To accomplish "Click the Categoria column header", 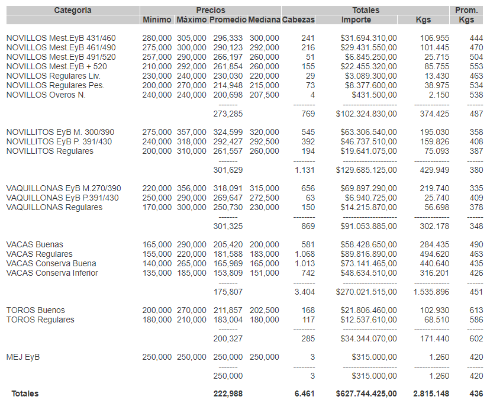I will (73, 10).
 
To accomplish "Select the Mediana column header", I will (264, 20).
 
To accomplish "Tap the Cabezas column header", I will (298, 20).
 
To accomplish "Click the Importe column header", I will (356, 20).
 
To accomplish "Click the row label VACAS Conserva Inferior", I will (52, 273).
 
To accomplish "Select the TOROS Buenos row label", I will (36, 310).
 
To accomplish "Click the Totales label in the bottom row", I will (25, 393).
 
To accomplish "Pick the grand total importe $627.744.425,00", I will (366, 393).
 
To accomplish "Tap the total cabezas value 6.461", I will (304, 393).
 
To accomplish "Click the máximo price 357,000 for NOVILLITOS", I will (192, 133).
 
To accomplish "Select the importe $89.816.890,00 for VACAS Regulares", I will (369, 254).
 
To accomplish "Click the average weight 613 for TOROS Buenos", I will (476, 310).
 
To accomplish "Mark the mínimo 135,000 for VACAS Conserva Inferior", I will (157, 273).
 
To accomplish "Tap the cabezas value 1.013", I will (305, 263).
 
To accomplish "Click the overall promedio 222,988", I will (228, 393).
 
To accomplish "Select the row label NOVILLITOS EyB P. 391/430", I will (59, 142).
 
